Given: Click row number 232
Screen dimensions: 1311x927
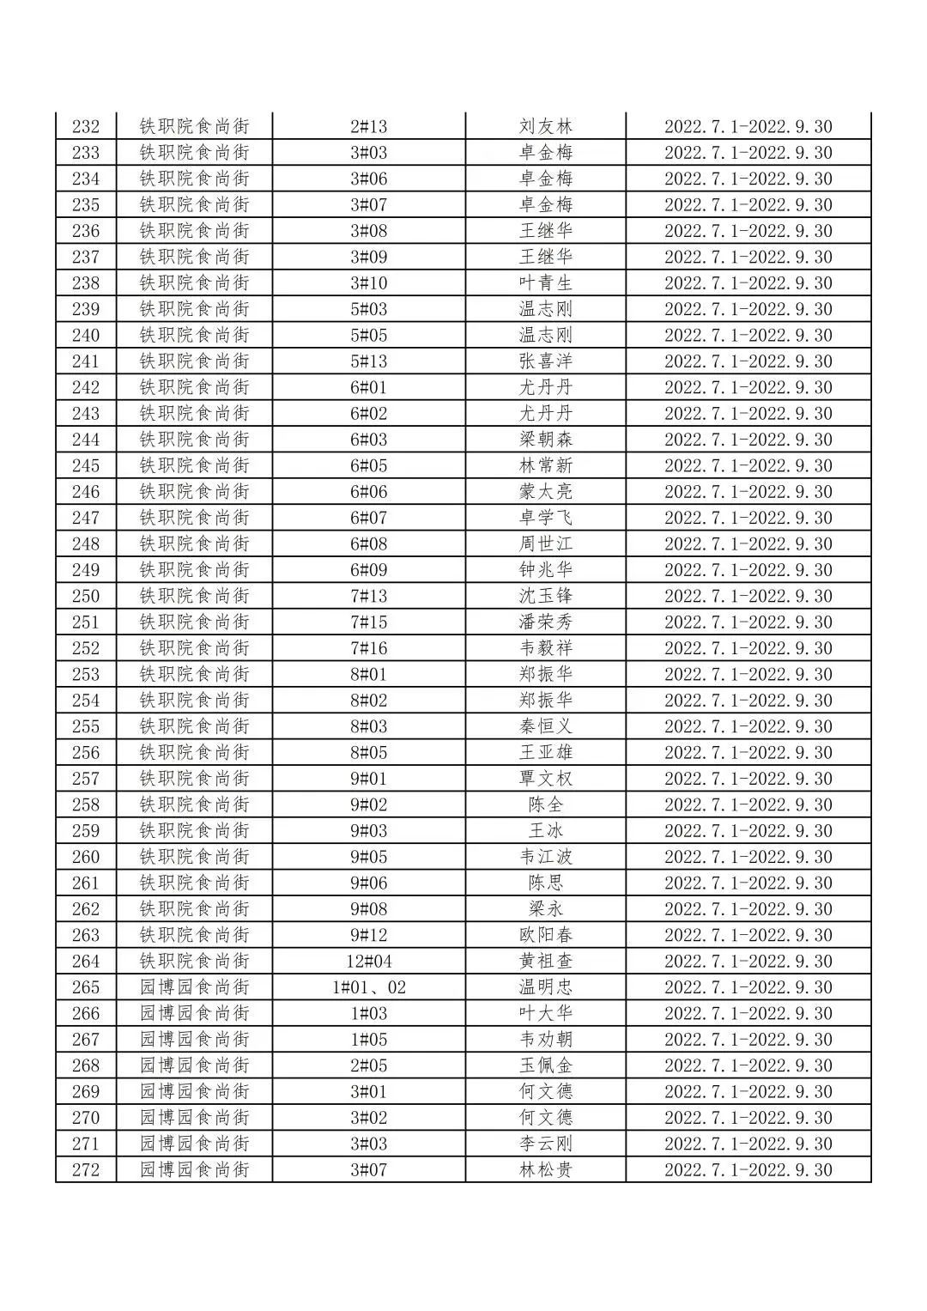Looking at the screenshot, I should tap(86, 127).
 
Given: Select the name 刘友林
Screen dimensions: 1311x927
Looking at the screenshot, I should tap(545, 127).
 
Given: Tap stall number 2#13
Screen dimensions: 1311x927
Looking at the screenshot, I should tap(369, 127).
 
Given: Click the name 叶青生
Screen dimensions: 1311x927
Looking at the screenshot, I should tap(545, 283).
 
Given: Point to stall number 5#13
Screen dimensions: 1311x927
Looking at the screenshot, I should tap(369, 361).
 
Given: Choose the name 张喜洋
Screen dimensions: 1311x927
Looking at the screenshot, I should tap(545, 361).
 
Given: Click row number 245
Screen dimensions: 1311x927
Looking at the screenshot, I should tap(86, 466).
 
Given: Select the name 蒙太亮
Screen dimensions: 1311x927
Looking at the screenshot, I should tap(545, 492).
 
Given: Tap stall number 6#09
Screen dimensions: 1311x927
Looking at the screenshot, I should tap(369, 570).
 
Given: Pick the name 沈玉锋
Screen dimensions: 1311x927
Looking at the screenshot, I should tap(545, 596).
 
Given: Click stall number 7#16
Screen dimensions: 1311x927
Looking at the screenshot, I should tap(369, 648).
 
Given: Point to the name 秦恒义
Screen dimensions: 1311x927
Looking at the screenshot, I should tap(545, 726).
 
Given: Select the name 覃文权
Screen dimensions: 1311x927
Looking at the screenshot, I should tap(545, 779).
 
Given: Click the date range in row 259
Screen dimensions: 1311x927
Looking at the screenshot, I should tap(748, 831).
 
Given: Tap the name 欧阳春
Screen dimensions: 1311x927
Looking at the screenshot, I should tap(545, 935).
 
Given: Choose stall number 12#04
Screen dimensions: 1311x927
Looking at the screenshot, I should tap(369, 962).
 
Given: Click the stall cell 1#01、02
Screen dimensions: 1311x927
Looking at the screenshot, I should tap(369, 987).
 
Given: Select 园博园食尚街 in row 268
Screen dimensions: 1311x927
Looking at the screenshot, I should tap(195, 1065).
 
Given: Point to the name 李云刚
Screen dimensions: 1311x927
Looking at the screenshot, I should tap(545, 1144).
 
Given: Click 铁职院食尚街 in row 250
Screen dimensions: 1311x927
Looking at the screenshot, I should tap(195, 596).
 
